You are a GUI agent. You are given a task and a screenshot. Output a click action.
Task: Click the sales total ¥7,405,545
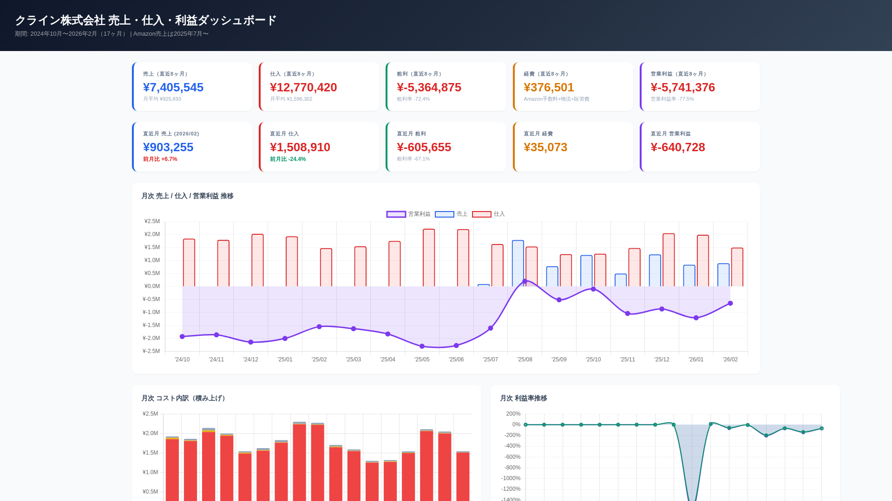click(x=173, y=87)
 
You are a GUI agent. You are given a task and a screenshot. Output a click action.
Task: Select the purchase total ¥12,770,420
click(x=303, y=87)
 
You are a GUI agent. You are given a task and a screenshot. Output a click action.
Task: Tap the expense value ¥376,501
click(x=549, y=87)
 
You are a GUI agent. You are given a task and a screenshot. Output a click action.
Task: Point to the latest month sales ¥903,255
click(x=168, y=147)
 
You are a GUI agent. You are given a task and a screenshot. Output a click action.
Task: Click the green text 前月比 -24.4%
click(x=288, y=159)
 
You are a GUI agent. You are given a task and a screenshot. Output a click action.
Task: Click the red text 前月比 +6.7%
click(x=160, y=159)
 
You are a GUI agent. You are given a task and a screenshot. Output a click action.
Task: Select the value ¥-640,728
click(x=677, y=147)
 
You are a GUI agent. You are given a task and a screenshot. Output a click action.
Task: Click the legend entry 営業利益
click(x=408, y=214)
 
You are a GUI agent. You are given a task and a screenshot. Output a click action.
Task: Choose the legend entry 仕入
click(x=488, y=214)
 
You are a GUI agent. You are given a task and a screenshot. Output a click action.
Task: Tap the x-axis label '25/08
click(x=525, y=360)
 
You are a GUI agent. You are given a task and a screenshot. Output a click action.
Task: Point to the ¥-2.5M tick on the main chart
click(x=151, y=351)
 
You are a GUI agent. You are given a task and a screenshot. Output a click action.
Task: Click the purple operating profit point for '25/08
click(x=525, y=282)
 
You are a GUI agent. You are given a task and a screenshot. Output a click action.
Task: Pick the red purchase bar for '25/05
click(x=429, y=257)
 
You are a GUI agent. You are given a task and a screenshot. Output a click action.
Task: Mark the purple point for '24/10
click(x=182, y=336)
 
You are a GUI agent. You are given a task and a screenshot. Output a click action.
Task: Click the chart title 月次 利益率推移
click(x=523, y=398)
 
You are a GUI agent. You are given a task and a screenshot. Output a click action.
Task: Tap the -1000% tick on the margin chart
click(x=511, y=478)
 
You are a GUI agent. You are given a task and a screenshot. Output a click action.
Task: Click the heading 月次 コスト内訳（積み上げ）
click(x=184, y=398)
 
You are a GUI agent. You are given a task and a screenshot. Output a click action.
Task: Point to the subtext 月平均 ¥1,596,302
click(x=291, y=99)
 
